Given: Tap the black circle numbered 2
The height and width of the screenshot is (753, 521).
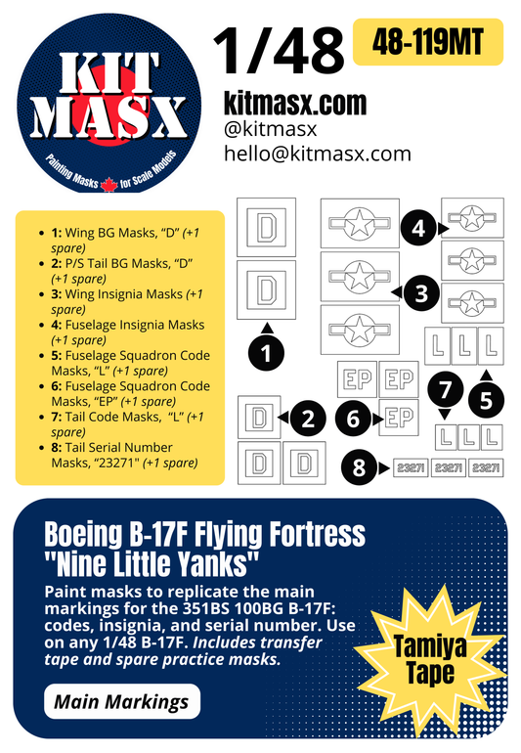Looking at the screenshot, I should (308, 420).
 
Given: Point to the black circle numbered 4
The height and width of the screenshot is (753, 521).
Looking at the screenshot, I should (417, 229).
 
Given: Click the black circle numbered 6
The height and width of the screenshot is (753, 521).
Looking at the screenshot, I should (353, 420).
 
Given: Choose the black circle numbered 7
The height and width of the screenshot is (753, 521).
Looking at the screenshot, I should (446, 389).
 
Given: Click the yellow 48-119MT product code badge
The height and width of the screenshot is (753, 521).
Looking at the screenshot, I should (427, 42).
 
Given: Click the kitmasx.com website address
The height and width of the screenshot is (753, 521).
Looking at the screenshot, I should (294, 103).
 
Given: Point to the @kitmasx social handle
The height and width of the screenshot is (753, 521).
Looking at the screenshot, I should (271, 129).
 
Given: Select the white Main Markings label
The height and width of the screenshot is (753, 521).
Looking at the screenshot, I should (123, 701).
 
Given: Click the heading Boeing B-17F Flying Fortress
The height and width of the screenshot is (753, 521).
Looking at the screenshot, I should (204, 534).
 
